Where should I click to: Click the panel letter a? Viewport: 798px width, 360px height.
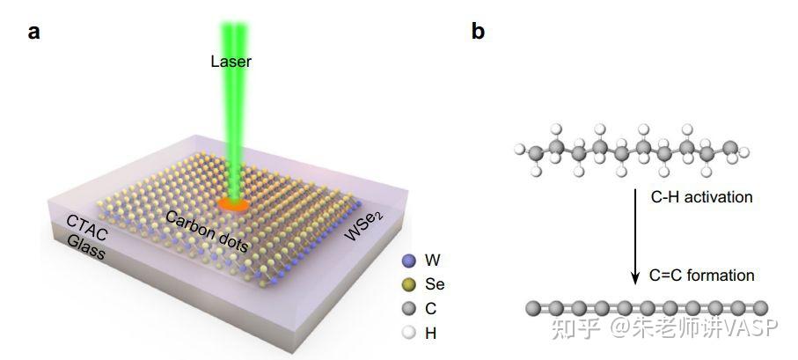pyautogui.click(x=34, y=32)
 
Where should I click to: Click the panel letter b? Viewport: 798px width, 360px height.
pyautogui.click(x=478, y=31)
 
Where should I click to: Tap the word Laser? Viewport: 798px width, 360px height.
pyautogui.click(x=231, y=62)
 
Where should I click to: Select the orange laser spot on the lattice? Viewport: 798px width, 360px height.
pyautogui.click(x=234, y=205)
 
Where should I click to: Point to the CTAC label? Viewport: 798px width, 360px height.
pyautogui.click(x=86, y=228)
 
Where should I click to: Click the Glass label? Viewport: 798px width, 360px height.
pyautogui.click(x=86, y=247)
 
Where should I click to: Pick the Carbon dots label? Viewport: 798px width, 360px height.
pyautogui.click(x=207, y=231)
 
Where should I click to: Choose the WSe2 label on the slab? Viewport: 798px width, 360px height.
pyautogui.click(x=364, y=226)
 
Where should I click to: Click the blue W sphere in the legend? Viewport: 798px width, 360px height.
pyautogui.click(x=408, y=261)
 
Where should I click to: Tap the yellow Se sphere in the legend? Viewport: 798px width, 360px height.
pyautogui.click(x=408, y=284)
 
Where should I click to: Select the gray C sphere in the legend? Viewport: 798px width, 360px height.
pyautogui.click(x=408, y=309)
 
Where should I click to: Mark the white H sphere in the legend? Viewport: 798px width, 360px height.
pyautogui.click(x=408, y=333)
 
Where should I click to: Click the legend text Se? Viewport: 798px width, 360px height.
pyautogui.click(x=435, y=284)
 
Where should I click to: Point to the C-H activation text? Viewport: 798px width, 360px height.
pyautogui.click(x=701, y=196)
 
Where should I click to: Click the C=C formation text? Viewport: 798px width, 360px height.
pyautogui.click(x=702, y=276)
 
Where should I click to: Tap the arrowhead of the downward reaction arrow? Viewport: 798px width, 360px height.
pyautogui.click(x=635, y=278)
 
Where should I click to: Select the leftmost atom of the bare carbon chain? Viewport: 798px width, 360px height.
pyautogui.click(x=533, y=308)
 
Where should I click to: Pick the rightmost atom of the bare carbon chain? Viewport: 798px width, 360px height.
pyautogui.click(x=760, y=308)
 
